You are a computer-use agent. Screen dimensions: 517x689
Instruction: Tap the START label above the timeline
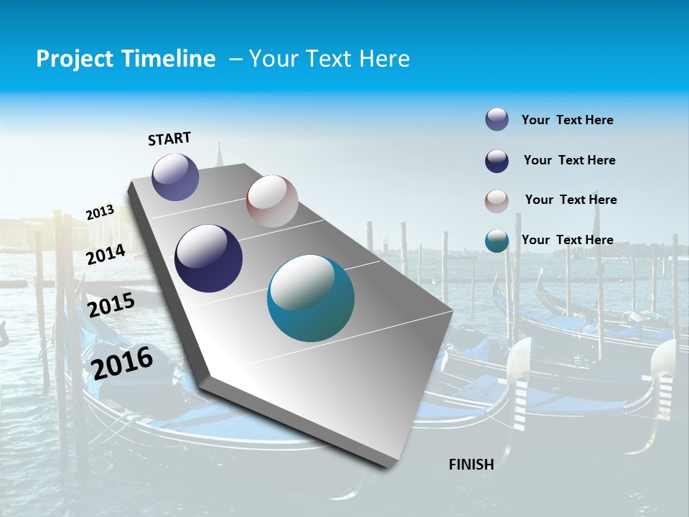[169, 139]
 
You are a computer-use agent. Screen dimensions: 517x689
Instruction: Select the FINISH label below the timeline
[471, 465]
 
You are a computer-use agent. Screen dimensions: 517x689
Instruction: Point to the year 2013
[100, 213]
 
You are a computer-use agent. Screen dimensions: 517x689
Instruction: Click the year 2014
[106, 254]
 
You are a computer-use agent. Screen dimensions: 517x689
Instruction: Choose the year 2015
[111, 305]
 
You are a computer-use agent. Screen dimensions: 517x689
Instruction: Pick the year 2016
[122, 363]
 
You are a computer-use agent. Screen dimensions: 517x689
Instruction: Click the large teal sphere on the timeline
[311, 298]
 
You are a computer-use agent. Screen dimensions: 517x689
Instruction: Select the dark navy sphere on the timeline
[208, 258]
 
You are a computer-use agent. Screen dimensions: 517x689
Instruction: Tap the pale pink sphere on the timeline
[272, 201]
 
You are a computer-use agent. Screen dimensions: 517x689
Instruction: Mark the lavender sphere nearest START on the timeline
[175, 177]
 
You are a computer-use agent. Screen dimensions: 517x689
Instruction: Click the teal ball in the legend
[497, 241]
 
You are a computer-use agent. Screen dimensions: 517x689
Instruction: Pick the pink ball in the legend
[497, 201]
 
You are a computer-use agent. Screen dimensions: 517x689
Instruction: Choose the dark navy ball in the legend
[497, 161]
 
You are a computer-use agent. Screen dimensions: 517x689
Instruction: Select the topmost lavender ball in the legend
[497, 119]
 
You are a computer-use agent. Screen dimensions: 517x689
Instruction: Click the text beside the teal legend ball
[567, 240]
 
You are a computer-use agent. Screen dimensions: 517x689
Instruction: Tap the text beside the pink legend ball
[571, 200]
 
